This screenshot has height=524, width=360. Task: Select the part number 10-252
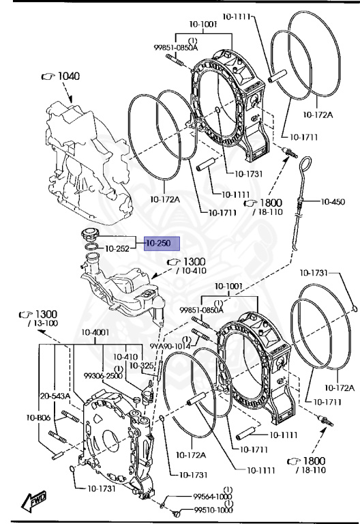click(117, 248)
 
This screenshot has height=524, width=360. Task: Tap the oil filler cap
click(89, 233)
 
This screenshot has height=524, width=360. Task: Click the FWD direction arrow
click(33, 501)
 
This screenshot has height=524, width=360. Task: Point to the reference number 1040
click(69, 76)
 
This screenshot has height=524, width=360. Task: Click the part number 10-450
click(333, 201)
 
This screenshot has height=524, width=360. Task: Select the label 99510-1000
click(213, 510)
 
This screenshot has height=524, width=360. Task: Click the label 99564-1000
click(213, 497)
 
